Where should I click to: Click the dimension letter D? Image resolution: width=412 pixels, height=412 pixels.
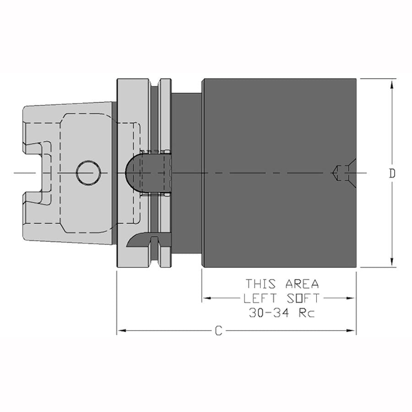(392, 173)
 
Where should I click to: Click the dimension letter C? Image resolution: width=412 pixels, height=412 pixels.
(219, 331)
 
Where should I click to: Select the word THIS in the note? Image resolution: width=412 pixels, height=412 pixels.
(261, 284)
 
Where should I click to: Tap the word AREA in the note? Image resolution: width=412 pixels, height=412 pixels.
(302, 284)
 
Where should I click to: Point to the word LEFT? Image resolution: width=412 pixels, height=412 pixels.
(260, 298)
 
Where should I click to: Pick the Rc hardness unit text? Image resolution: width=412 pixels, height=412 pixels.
(307, 313)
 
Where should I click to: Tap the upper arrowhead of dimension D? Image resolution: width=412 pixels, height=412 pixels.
(392, 85)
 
